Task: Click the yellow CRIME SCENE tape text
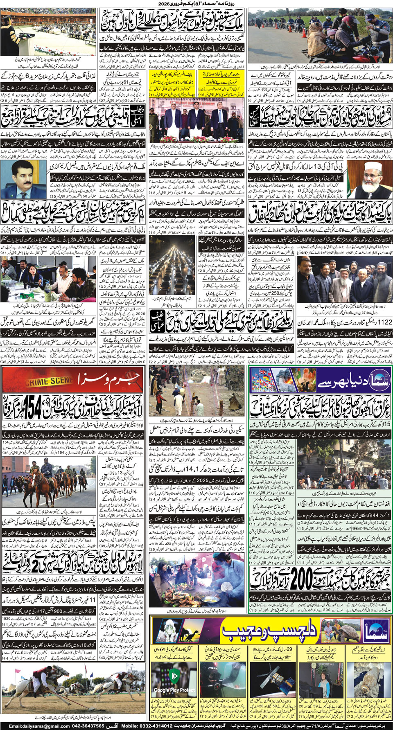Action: [49, 382]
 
